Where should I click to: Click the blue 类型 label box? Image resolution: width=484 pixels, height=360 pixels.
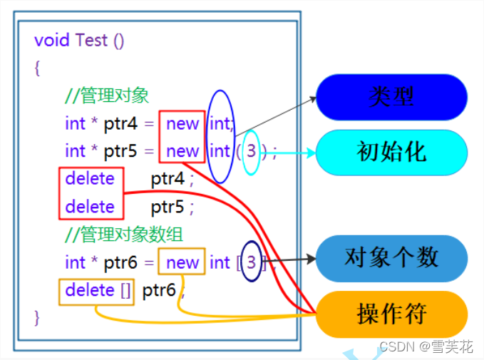point(391,96)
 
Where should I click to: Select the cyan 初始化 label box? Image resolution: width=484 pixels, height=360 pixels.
point(391,152)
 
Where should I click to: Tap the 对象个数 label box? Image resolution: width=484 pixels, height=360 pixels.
point(391,257)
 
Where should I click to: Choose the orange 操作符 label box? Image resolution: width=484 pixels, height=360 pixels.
point(391,314)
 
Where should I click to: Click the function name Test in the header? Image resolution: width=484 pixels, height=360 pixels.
point(91,40)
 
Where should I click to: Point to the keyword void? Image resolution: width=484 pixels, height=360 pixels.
point(52,40)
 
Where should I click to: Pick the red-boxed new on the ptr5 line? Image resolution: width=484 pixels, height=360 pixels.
point(182,151)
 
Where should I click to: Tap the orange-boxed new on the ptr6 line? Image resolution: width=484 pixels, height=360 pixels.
point(182,262)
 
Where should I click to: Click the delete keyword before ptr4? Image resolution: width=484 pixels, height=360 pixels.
point(90,179)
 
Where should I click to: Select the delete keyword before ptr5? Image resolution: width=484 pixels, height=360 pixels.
point(90,207)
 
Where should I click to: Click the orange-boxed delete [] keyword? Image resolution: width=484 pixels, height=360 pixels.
point(96,290)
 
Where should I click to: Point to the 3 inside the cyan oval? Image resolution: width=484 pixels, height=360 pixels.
point(251,151)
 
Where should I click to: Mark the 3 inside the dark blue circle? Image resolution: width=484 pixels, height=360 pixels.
point(251,262)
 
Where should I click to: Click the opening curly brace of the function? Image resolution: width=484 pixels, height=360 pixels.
point(37,68)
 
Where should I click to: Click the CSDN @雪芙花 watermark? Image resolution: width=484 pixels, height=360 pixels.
point(426,346)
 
